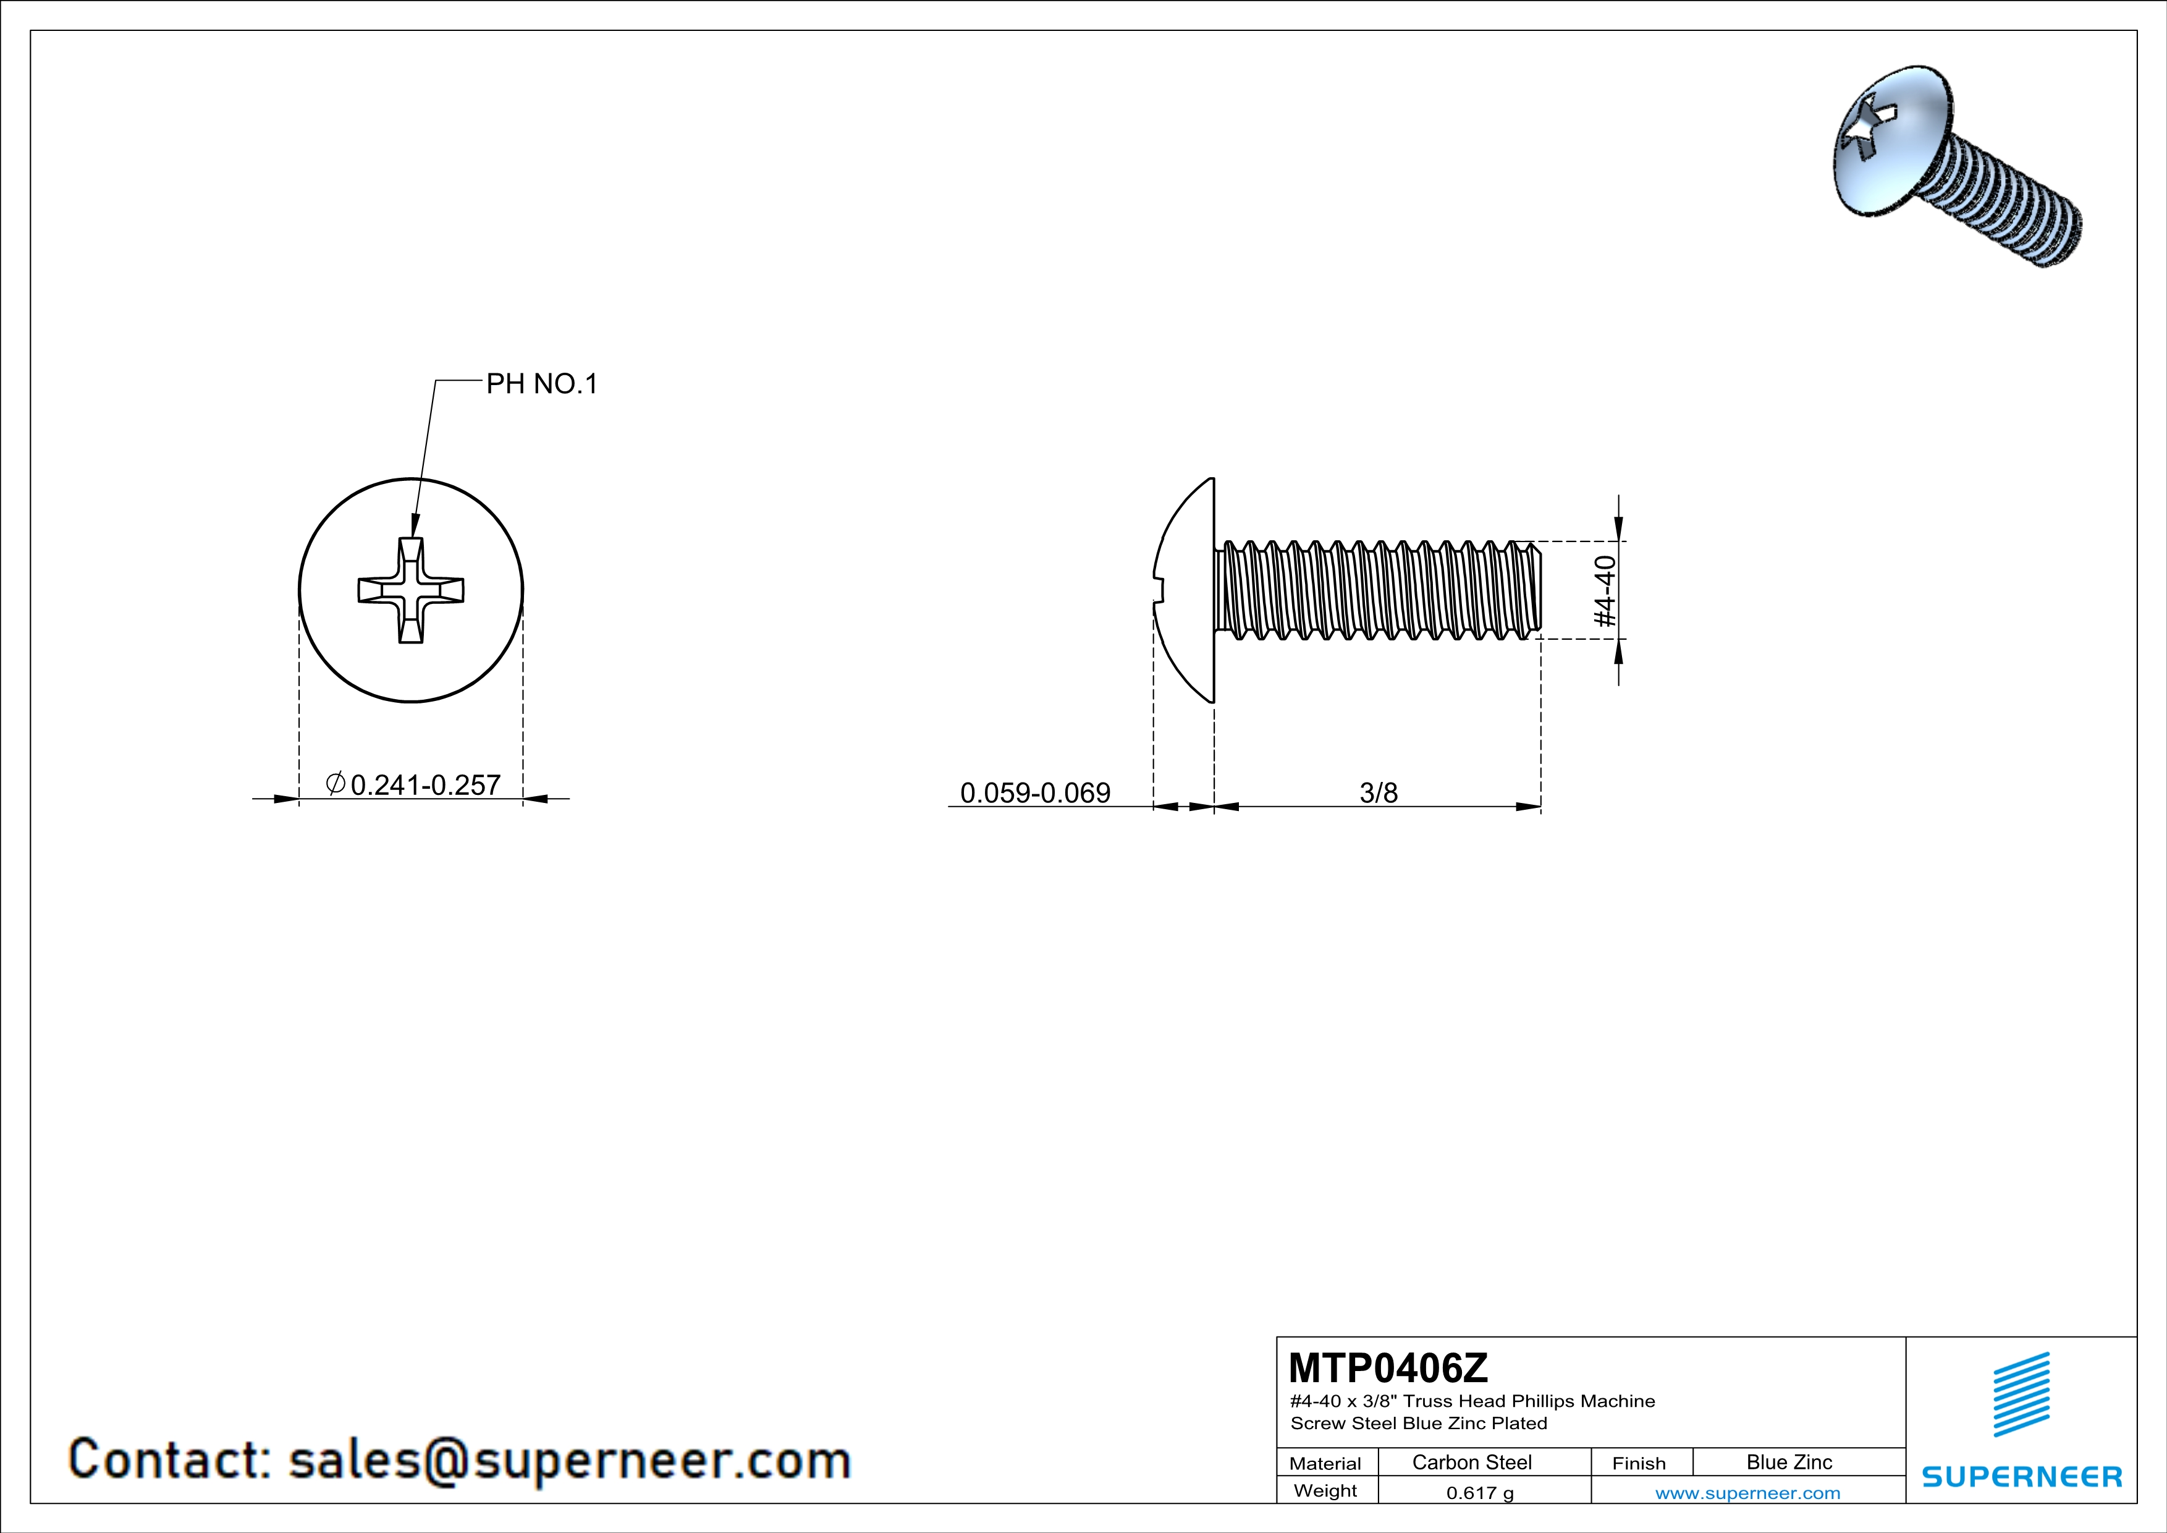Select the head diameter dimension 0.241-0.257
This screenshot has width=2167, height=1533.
click(424, 784)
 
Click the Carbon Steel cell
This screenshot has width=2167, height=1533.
click(1471, 1462)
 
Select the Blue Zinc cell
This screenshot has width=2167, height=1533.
click(1788, 1462)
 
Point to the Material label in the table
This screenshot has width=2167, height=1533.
click(1325, 1463)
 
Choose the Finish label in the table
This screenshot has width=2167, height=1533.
click(1639, 1463)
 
